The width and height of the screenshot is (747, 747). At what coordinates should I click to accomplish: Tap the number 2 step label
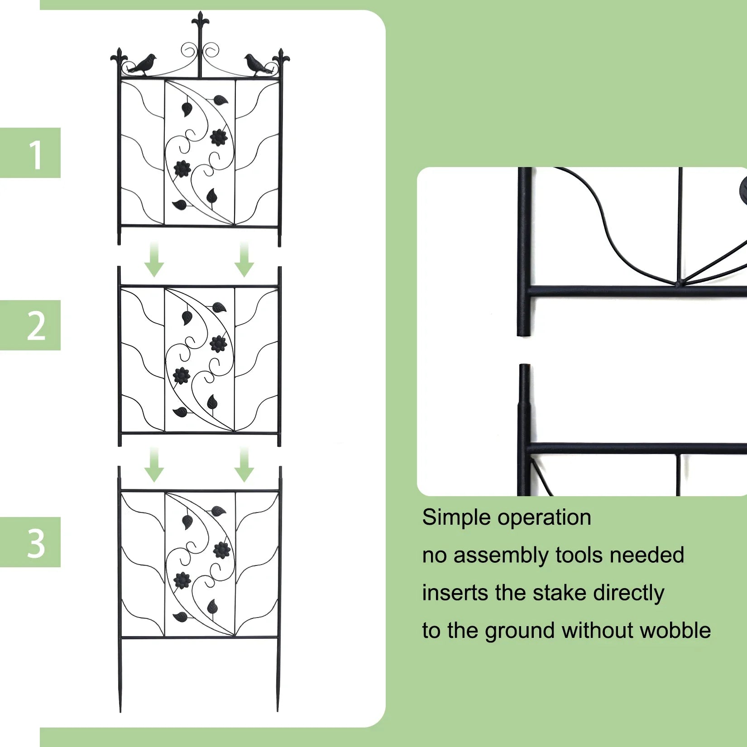point(36,326)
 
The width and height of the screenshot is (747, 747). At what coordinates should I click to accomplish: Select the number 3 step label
point(36,543)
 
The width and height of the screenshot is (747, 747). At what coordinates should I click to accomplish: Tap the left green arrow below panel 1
point(154,260)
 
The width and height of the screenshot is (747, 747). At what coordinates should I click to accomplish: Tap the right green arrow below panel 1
point(244,260)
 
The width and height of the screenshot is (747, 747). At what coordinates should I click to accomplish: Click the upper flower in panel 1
point(219,137)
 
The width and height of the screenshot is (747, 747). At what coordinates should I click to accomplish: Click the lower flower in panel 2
point(182,375)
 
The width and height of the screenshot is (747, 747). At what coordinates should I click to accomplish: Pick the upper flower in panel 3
point(222,550)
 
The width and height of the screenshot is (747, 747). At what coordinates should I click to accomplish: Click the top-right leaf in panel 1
point(221,100)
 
